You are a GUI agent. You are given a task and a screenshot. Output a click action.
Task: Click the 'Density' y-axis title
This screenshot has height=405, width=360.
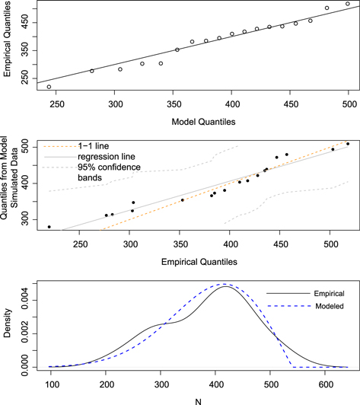coord(10,324)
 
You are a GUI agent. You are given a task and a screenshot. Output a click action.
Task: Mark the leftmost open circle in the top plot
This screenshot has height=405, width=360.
coord(49,87)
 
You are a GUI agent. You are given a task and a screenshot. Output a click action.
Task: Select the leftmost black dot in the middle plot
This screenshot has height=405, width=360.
coord(49,227)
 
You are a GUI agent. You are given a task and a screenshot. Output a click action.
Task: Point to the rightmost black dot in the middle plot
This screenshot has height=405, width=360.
coord(348,144)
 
